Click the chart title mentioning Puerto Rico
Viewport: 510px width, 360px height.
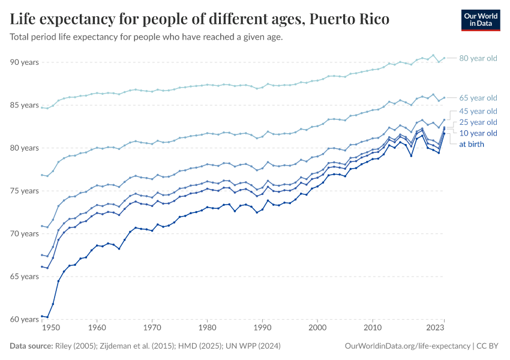pos(199,19)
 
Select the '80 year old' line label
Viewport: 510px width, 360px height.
pos(478,58)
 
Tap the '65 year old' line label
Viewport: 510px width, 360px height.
pos(478,98)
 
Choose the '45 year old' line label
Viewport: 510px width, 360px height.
pos(478,111)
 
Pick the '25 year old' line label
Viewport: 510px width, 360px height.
pos(478,122)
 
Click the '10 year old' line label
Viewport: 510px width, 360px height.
pos(478,133)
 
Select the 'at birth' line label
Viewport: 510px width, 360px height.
pos(472,144)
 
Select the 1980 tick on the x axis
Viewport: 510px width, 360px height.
pos(207,329)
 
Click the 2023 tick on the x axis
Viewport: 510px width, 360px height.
pos(435,329)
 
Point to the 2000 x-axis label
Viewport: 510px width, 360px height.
pos(317,329)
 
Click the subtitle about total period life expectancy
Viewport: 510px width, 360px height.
pos(146,37)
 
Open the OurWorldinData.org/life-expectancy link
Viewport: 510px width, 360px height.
pos(408,346)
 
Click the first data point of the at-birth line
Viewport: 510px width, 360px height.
pos(42,316)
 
